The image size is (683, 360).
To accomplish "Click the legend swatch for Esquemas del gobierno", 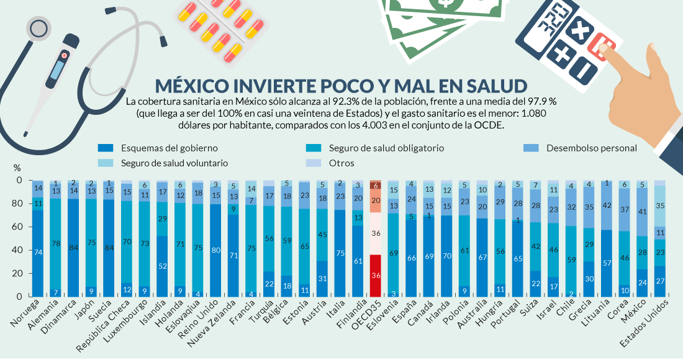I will point(106,148).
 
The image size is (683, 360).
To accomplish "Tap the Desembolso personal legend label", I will point(591,148).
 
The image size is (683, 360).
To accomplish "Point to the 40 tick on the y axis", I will point(19,250).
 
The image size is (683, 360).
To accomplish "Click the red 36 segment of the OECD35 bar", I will point(376,275).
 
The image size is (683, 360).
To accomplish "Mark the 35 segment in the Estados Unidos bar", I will point(661,205).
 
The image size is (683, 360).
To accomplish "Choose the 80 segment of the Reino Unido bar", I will point(198,250).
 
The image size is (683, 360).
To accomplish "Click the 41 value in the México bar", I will point(642,211).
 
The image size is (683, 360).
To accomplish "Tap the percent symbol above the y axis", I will point(17,168).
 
